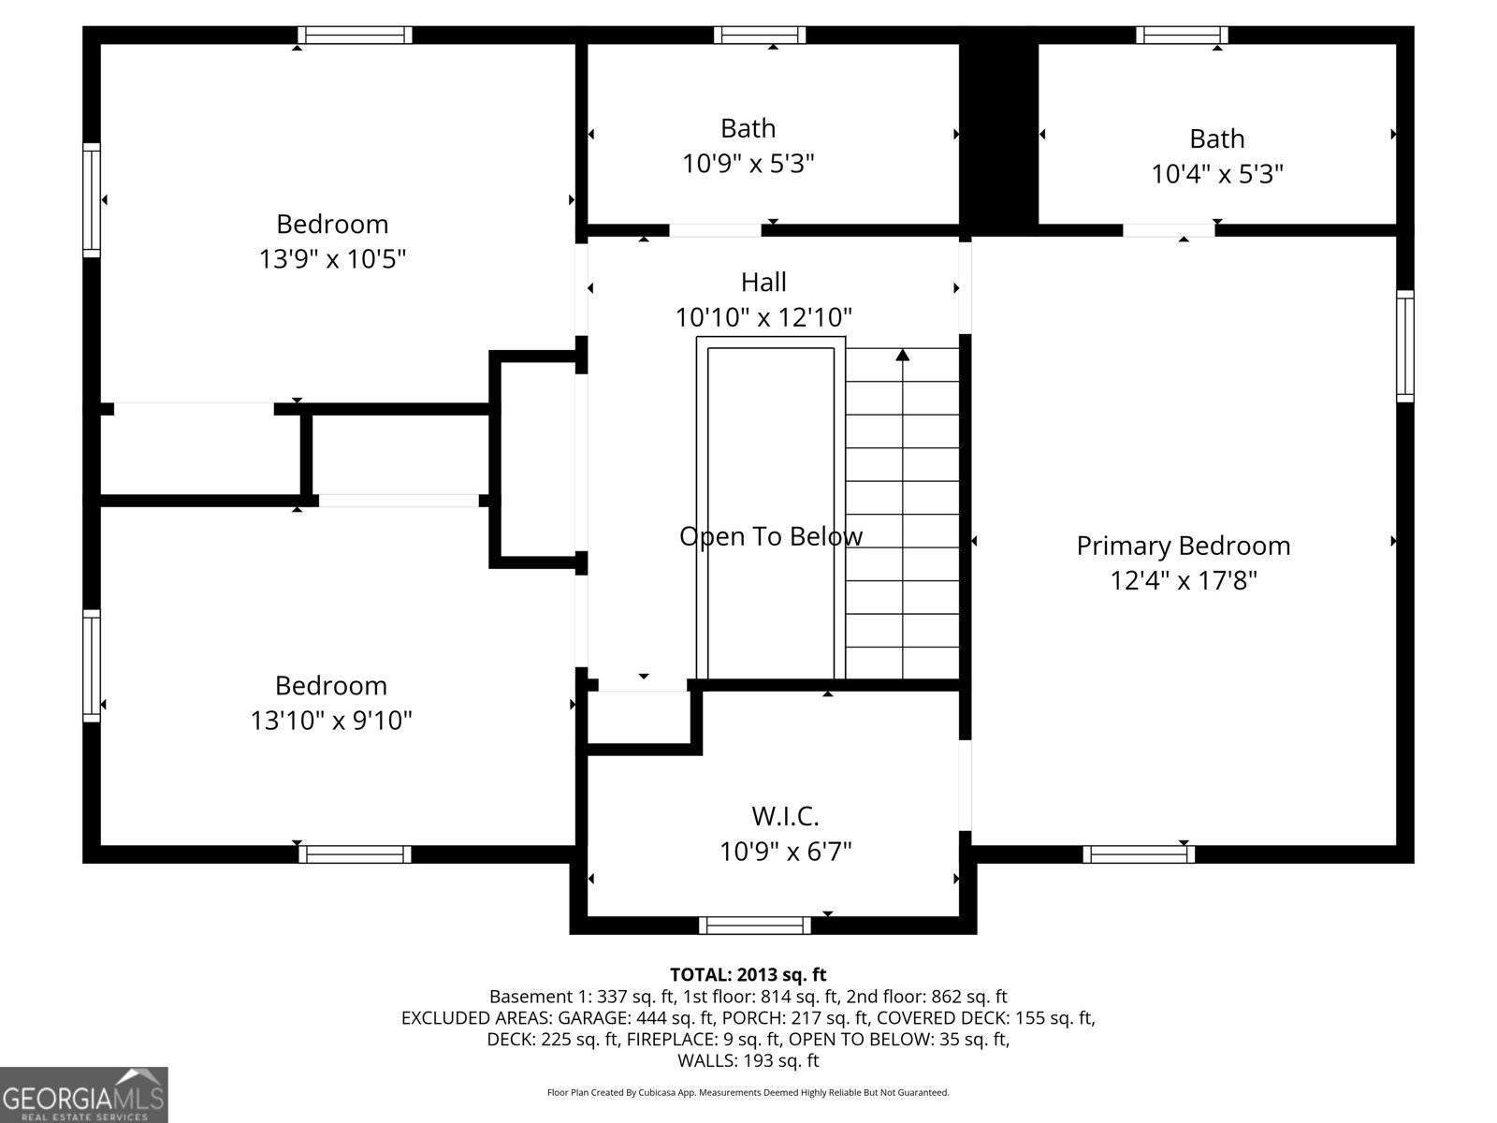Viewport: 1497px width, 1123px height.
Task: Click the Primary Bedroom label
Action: (x=1184, y=547)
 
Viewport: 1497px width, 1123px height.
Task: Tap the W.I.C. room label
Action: (x=785, y=816)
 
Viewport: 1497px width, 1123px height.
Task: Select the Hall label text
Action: (x=763, y=282)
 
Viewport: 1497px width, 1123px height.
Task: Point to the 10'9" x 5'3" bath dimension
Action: (x=748, y=164)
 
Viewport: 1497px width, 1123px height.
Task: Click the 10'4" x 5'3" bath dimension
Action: (x=1216, y=174)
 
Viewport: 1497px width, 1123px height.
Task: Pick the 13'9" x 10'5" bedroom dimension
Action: (x=332, y=259)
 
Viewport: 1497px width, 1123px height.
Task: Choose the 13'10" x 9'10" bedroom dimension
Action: (x=331, y=721)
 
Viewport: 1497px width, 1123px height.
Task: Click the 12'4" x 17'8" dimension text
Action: (x=1184, y=581)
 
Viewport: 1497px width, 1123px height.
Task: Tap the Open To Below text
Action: (x=771, y=536)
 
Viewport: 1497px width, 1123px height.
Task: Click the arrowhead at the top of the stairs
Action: (x=902, y=355)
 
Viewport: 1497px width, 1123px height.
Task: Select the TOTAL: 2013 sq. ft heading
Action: (x=748, y=974)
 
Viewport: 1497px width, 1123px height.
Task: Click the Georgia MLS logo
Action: (x=84, y=1095)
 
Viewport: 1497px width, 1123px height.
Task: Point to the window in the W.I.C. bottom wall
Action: (x=754, y=926)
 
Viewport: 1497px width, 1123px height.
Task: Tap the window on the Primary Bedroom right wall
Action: (x=1405, y=345)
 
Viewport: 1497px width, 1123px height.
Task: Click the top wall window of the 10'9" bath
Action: (x=760, y=35)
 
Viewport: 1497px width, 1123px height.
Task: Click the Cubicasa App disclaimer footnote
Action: (x=748, y=1092)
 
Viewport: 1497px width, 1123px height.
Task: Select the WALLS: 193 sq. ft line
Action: (x=748, y=1060)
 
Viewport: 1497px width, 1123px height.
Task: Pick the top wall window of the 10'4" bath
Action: (x=1182, y=35)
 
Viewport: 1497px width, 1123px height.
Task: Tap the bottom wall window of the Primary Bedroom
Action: (x=1139, y=854)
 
